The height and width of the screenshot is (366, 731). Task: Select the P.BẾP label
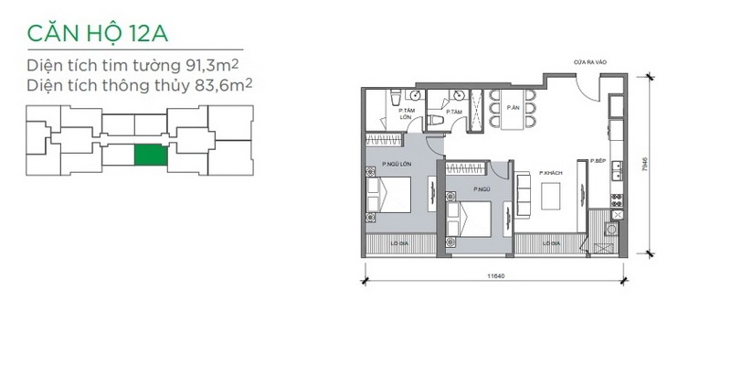(x=599, y=162)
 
